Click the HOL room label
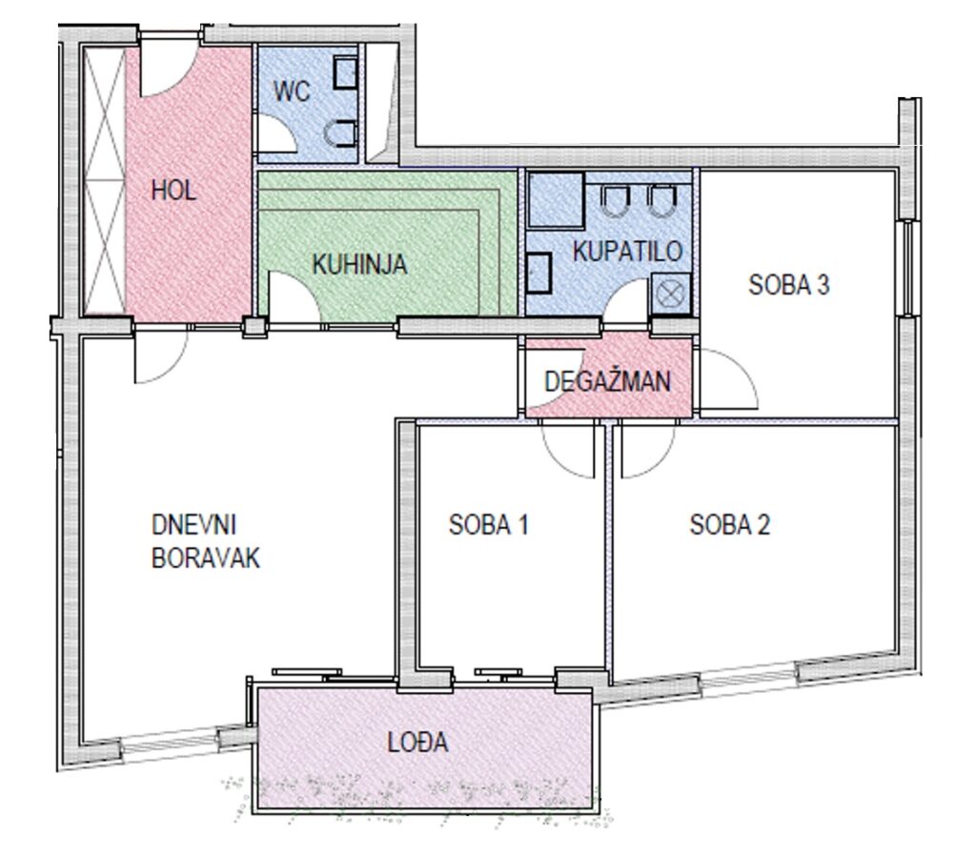point(173,191)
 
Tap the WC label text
point(292,92)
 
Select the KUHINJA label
point(359,264)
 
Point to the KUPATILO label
point(627,251)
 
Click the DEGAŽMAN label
point(608,381)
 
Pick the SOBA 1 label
point(489,525)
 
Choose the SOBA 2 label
point(729,525)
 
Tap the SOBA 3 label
point(789,284)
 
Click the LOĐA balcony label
point(417,742)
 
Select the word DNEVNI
point(194,525)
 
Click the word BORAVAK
point(206,558)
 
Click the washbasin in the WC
point(345,72)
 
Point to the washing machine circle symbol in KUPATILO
point(671,294)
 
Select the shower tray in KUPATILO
point(556,200)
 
